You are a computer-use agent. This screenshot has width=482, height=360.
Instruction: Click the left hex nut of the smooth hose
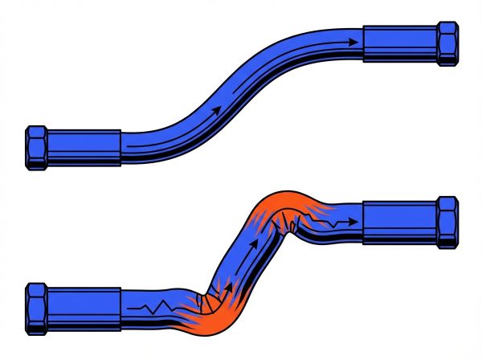click(x=36, y=148)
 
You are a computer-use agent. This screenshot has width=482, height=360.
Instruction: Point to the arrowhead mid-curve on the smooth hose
click(x=214, y=108)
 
